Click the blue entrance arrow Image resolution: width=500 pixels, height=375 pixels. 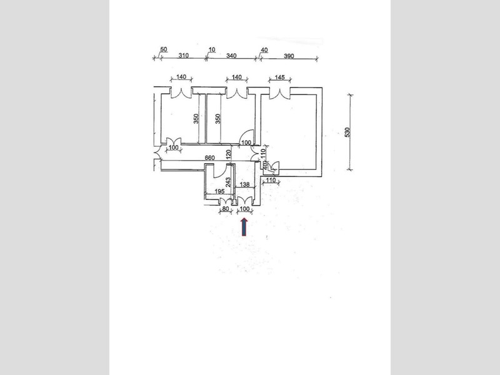tap(244, 227)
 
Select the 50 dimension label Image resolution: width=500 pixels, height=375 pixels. tap(164, 49)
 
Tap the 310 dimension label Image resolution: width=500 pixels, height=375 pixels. tap(183, 56)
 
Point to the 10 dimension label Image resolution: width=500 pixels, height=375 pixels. tap(212, 50)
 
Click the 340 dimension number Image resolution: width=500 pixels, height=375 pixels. tap(231, 56)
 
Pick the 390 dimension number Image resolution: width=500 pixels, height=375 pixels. tap(289, 56)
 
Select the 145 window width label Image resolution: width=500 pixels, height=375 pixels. tap(279, 77)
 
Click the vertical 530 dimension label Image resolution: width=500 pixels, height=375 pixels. tap(347, 132)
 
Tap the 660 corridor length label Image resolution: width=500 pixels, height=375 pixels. tap(209, 158)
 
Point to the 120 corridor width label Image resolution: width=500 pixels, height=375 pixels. tap(228, 154)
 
